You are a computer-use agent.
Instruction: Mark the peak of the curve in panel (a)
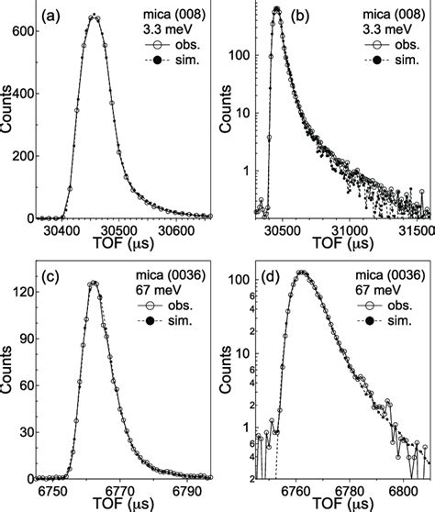tap(94, 16)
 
